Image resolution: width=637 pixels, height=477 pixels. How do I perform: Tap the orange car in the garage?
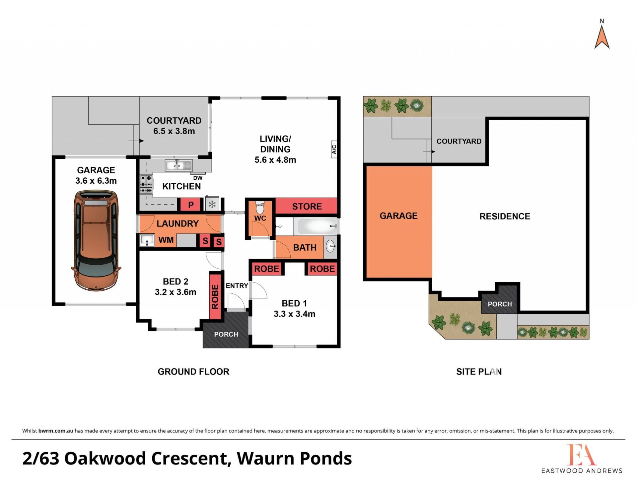click(96, 241)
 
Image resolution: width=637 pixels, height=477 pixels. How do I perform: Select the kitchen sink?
click(178, 165)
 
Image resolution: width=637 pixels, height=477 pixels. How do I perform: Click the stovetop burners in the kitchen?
click(146, 184)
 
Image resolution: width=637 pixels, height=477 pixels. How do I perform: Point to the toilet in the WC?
click(260, 208)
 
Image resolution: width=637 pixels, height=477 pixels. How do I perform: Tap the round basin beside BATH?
click(330, 246)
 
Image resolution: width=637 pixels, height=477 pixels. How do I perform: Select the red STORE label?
click(307, 206)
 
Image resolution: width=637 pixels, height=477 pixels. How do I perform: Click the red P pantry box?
click(191, 205)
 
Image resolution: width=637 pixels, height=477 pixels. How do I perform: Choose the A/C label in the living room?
click(334, 149)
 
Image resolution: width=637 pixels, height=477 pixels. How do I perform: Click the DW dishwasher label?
click(198, 178)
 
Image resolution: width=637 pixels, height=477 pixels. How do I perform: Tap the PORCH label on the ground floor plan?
click(226, 334)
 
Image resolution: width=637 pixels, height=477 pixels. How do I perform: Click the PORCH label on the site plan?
click(500, 304)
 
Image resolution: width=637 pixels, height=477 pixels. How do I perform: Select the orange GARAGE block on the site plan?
click(399, 222)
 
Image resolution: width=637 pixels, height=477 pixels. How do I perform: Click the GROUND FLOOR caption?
click(193, 372)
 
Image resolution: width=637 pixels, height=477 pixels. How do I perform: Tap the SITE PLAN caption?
click(479, 372)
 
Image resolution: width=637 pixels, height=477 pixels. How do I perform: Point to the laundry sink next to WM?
click(147, 240)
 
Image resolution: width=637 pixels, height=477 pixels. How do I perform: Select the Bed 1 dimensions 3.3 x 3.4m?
click(294, 314)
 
